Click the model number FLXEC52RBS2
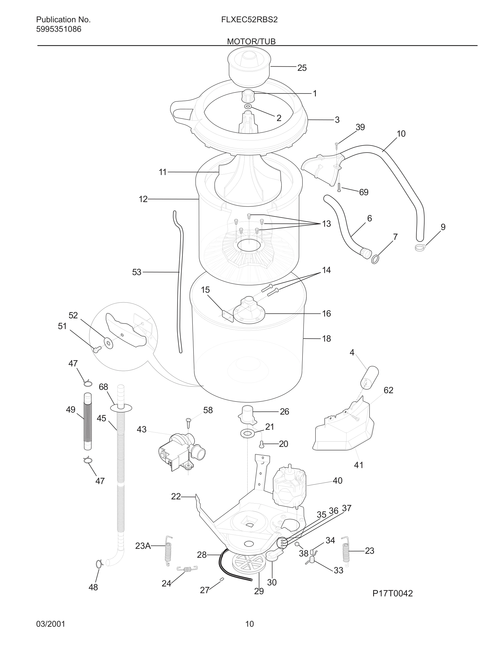pos(249,20)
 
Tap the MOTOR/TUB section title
pos(251,42)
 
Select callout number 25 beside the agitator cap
pos(302,68)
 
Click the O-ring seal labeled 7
pos(375,259)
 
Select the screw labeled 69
pos(339,187)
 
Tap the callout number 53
pos(137,272)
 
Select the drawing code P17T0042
pos(392,593)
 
